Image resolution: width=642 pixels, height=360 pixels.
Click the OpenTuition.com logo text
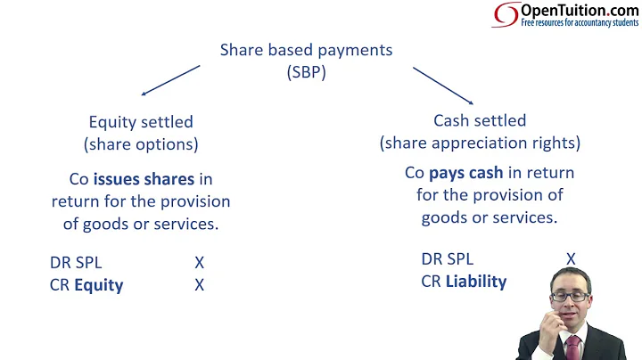pos(579,10)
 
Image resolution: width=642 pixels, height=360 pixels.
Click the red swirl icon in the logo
pos(506,15)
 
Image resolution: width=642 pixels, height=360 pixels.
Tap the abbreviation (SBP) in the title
pos(306,73)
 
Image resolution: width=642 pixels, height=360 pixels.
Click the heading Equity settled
pos(141,121)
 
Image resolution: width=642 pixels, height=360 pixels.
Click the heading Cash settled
pos(480,120)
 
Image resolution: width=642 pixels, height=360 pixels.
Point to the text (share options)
pos(141,143)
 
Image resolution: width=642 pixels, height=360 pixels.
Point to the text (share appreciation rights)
pos(480,143)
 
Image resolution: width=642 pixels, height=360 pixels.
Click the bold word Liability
pos(476,282)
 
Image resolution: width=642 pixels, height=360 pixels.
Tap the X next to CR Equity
pos(200,285)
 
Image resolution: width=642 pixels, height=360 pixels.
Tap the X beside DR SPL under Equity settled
pos(200,263)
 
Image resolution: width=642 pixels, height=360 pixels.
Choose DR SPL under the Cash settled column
pos(448,259)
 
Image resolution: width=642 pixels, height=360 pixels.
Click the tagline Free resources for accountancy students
pos(580,22)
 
